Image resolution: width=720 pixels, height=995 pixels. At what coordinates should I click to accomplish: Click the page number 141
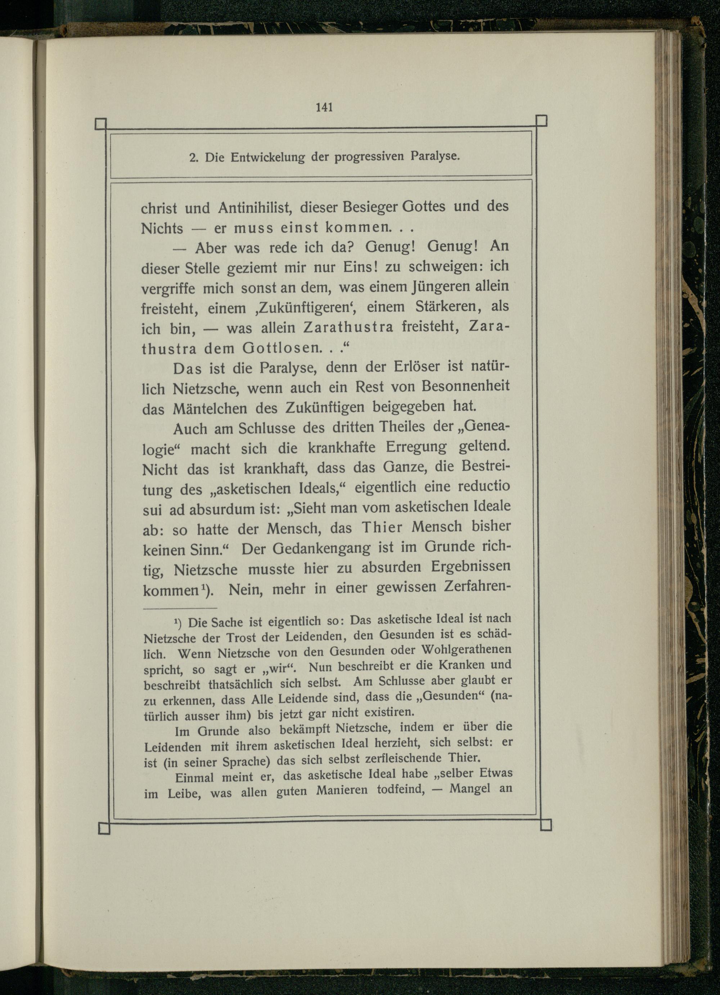tap(324, 107)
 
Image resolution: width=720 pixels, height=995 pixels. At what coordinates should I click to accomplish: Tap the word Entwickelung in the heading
tap(267, 157)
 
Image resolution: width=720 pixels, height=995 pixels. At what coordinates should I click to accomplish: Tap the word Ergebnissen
tap(471, 567)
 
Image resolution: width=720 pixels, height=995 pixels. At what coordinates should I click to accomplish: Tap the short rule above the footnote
tap(180, 608)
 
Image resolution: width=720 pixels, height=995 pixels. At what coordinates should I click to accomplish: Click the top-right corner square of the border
tap(541, 120)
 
